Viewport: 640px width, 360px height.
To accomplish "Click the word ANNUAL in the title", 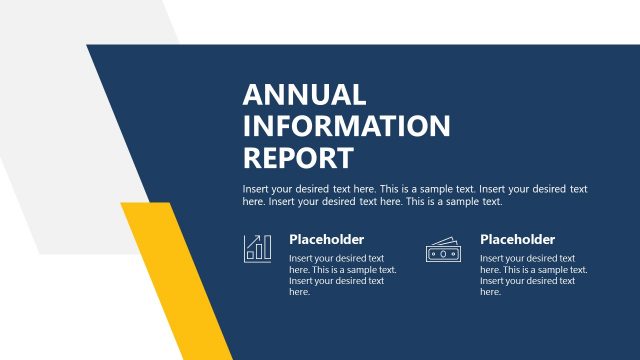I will point(304,96).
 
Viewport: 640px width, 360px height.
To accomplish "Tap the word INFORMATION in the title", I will point(346,127).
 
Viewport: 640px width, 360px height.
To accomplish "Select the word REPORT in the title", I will point(298,158).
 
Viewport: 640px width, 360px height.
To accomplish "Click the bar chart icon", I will point(257,248).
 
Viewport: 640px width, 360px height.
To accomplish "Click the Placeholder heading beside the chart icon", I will point(326,240).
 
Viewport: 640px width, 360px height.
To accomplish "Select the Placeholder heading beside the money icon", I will point(517,240).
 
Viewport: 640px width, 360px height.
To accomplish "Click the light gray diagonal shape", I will point(60,120).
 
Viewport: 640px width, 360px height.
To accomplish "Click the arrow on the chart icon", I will point(262,239).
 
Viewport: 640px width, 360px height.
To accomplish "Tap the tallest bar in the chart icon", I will point(266,250).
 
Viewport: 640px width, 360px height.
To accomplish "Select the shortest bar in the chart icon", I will point(249,256).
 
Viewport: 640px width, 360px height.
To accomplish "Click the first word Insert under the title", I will point(256,189).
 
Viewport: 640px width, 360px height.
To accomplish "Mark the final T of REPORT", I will point(345,158).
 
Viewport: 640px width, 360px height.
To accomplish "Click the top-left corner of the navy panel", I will point(88,46).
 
